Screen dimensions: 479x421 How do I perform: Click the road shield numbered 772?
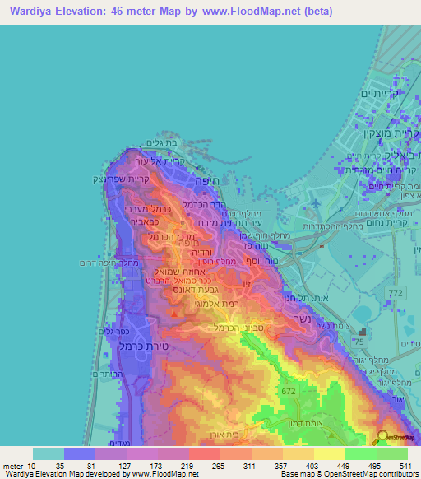click(x=396, y=293)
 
